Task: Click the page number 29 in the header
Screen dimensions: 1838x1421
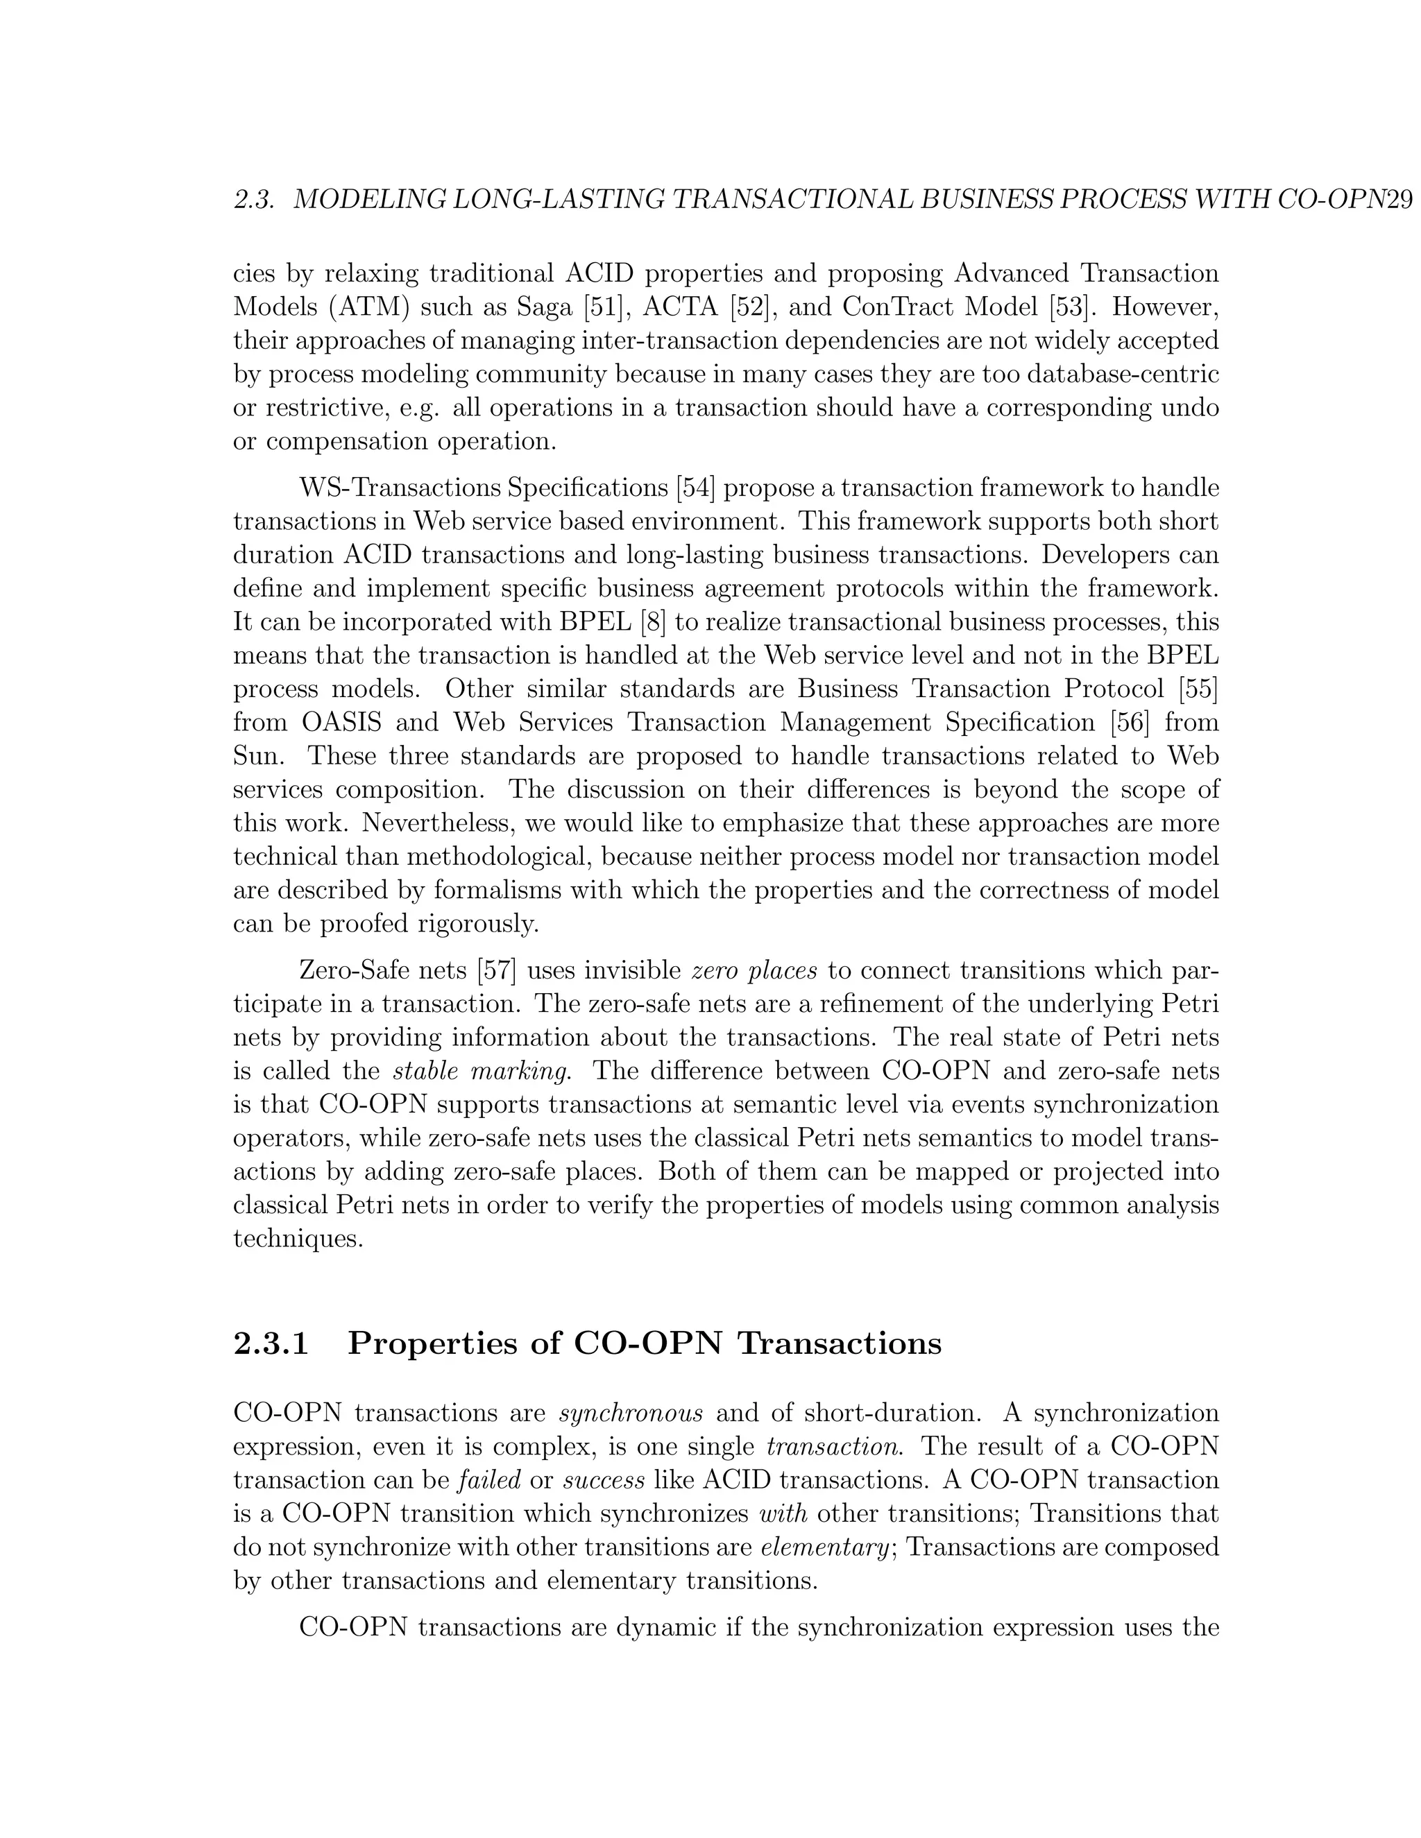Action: (x=1397, y=200)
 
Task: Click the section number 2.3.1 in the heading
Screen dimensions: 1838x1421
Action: (x=271, y=1343)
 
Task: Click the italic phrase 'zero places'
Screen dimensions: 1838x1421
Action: (x=754, y=971)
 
